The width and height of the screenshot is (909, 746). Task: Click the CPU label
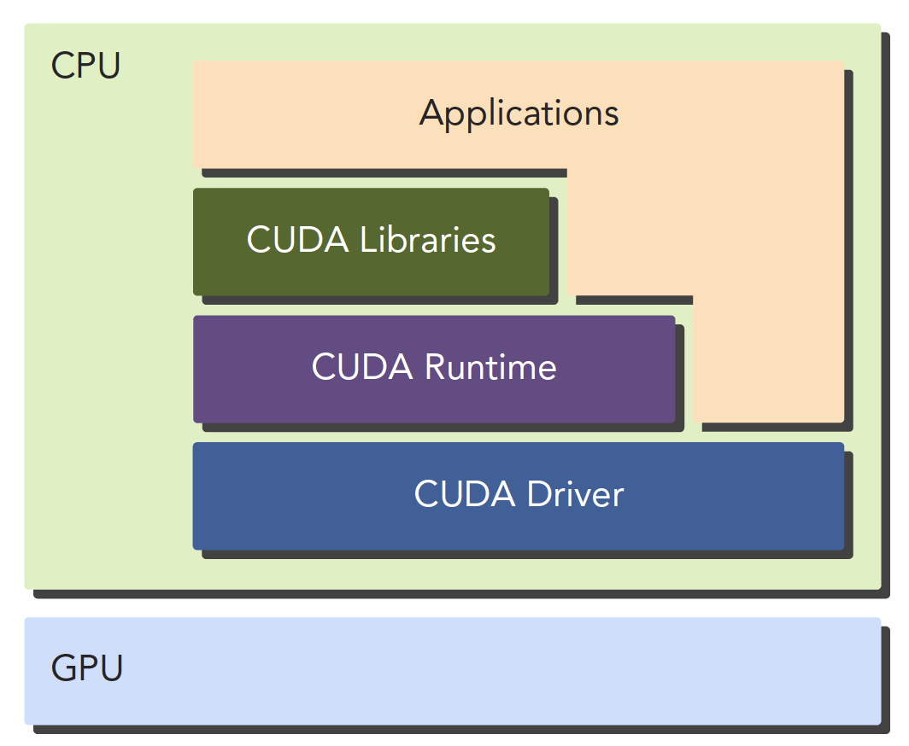(x=85, y=66)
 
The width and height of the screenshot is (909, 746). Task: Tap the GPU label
(x=87, y=667)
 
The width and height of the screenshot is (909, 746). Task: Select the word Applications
(x=519, y=114)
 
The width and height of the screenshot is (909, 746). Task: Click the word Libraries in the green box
(x=427, y=240)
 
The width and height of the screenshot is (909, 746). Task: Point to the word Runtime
(x=490, y=368)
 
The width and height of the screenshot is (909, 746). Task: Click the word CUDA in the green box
(x=298, y=240)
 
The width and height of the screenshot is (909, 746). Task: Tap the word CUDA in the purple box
(x=363, y=368)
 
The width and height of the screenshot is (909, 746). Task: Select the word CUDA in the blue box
(x=466, y=494)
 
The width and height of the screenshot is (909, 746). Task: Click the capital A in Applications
(x=431, y=114)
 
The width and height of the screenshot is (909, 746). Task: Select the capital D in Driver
(x=537, y=494)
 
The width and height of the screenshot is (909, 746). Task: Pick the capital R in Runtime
(x=436, y=368)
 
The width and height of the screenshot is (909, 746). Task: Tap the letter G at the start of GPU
(x=62, y=667)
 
